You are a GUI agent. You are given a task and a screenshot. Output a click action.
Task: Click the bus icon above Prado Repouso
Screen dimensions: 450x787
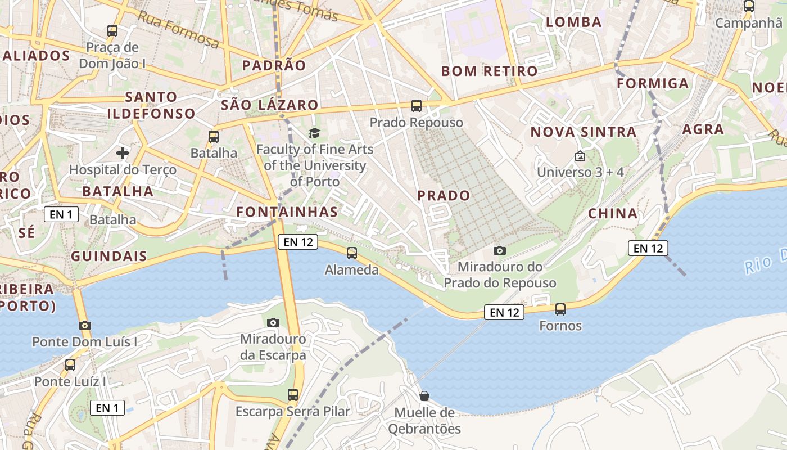(416, 105)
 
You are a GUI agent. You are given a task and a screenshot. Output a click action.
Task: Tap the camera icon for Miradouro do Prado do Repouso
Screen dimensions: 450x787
(499, 250)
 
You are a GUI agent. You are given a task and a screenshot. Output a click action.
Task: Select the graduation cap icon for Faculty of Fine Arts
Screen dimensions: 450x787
(314, 133)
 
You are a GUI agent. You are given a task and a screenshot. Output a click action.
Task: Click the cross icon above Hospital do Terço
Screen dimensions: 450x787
(122, 152)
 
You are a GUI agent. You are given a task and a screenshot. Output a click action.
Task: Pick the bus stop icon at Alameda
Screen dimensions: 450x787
(351, 253)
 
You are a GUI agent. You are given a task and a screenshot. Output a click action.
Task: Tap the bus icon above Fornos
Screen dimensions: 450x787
(560, 309)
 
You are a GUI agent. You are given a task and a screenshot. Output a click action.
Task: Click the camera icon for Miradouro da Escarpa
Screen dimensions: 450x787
(273, 322)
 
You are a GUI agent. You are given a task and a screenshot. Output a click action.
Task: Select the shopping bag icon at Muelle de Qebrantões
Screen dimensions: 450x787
(424, 396)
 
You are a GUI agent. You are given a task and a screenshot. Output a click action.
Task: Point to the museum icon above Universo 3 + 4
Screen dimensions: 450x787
(580, 156)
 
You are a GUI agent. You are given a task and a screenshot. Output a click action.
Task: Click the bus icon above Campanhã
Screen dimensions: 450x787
(748, 6)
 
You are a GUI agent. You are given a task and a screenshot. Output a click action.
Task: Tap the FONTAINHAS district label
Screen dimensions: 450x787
(287, 212)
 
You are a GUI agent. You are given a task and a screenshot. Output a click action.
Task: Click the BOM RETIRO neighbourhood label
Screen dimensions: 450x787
(489, 71)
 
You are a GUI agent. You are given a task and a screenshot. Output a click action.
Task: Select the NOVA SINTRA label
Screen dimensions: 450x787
(584, 132)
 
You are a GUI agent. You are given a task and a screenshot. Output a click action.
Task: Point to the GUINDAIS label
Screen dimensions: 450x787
(109, 256)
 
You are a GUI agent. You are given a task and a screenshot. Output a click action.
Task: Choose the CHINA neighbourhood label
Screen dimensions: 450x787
(613, 214)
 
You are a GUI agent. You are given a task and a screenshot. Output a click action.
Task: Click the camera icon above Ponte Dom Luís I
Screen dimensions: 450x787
(85, 325)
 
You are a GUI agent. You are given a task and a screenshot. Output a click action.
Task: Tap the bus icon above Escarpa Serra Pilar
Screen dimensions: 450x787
(292, 395)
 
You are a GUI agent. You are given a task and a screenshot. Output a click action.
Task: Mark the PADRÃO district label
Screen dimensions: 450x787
(274, 65)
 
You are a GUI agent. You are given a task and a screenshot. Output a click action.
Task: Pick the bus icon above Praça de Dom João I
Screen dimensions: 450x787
(112, 31)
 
